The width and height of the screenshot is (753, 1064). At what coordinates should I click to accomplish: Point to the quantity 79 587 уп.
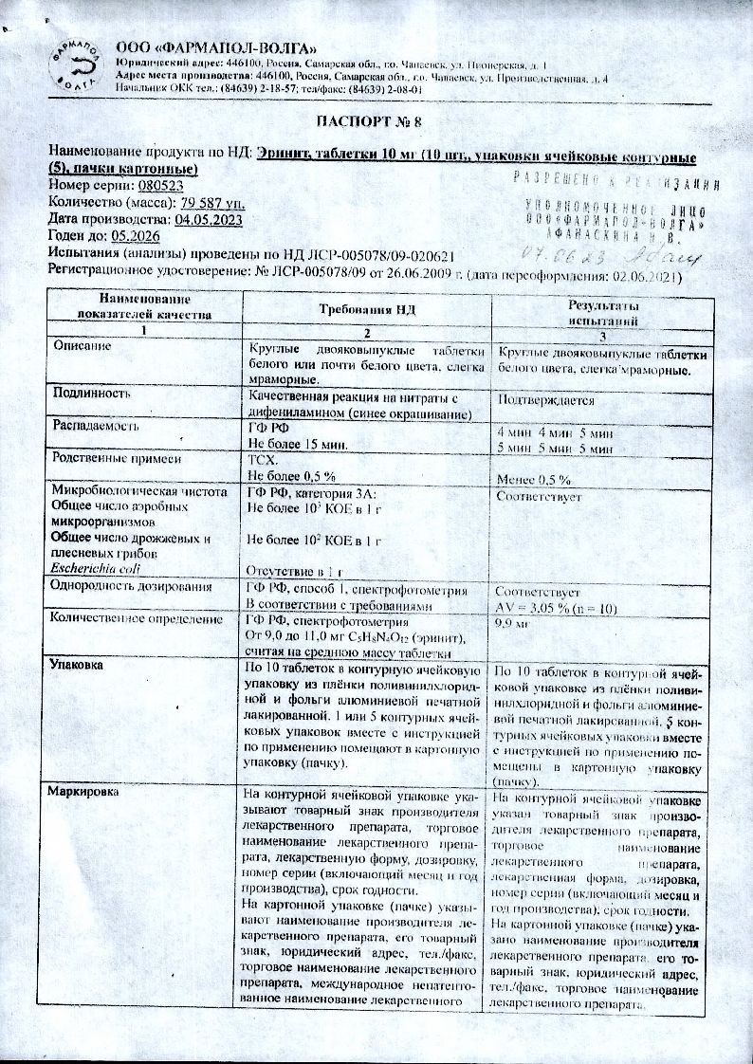click(x=213, y=203)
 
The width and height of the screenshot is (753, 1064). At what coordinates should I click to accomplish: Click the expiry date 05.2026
click(x=137, y=237)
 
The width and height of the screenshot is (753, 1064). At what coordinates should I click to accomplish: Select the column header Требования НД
click(x=366, y=310)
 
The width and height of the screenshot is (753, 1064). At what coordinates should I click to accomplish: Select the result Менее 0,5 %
click(x=534, y=479)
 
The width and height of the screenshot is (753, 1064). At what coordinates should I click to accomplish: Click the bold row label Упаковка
click(x=81, y=665)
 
